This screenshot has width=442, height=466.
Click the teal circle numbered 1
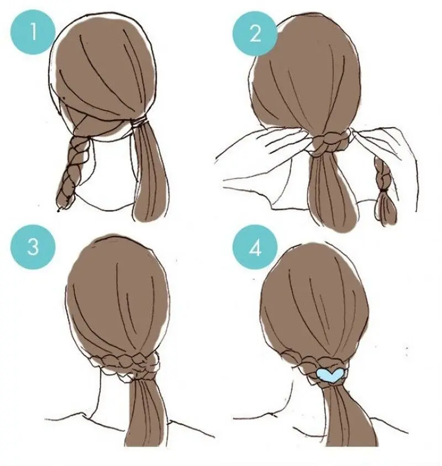pyautogui.click(x=33, y=32)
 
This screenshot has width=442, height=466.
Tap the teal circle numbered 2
pyautogui.click(x=255, y=33)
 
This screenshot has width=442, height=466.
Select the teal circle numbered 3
pyautogui.click(x=33, y=247)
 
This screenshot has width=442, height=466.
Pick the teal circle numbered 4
pyautogui.click(x=255, y=247)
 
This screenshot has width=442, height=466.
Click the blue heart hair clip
pyautogui.click(x=330, y=375)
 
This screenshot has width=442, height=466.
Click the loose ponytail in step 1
pyautogui.click(x=150, y=172)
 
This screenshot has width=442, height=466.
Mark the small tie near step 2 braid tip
pyautogui.click(x=385, y=189)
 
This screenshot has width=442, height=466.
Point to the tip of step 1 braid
pyautogui.click(x=58, y=210)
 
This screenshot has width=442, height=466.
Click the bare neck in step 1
pyautogui.click(x=112, y=172)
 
